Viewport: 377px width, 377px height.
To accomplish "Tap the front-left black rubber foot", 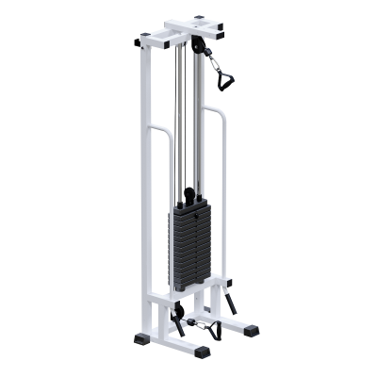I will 140,336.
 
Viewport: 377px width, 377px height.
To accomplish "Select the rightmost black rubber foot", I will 252,333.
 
